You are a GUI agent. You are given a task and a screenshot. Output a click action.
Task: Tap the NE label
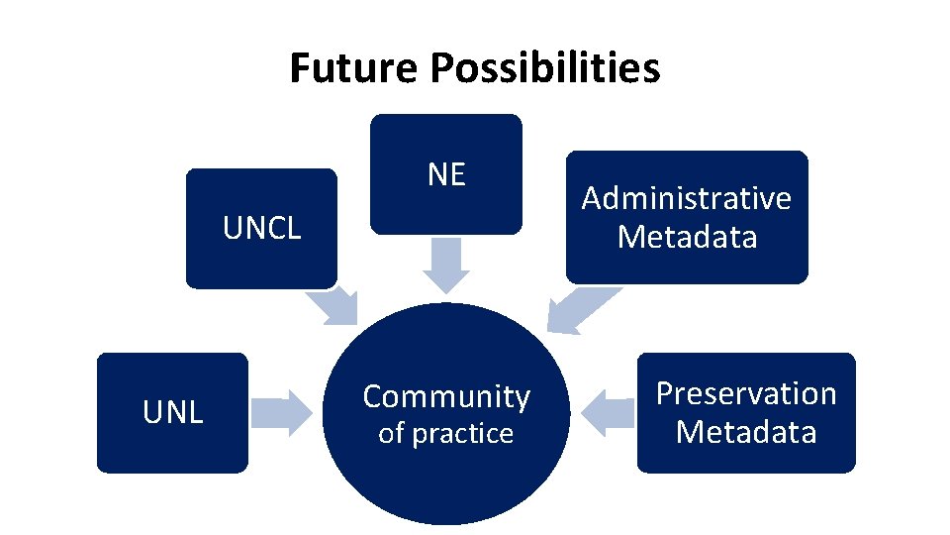pos(446,174)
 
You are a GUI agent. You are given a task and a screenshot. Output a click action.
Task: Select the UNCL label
pos(261,229)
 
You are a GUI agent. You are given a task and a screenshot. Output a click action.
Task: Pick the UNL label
pos(173,412)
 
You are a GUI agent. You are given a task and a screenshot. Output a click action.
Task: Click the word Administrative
pos(687,198)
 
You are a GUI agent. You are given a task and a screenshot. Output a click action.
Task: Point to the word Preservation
pos(746,393)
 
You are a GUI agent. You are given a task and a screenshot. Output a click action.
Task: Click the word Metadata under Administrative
pos(687,237)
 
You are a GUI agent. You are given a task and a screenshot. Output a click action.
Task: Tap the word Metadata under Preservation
pos(746,432)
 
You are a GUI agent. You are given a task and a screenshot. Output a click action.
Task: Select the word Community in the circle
pos(446,396)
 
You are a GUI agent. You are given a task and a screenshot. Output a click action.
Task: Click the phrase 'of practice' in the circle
pos(446,433)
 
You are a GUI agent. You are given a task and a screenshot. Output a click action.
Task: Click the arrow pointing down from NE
pos(446,267)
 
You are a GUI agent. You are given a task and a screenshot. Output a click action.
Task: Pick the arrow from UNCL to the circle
pos(333,307)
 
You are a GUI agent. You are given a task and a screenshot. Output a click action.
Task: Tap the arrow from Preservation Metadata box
pos(606,411)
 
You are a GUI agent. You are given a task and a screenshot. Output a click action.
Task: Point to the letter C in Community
pos(373,396)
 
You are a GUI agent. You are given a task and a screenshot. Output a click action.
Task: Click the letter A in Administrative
pos(592,198)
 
